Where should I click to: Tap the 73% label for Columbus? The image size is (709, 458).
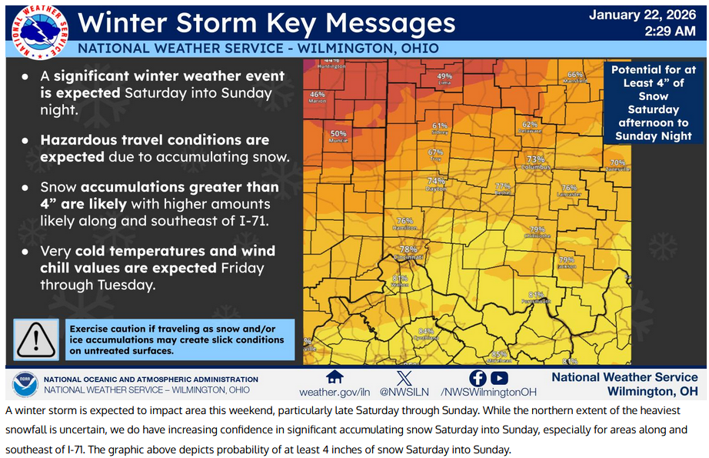click(x=535, y=159)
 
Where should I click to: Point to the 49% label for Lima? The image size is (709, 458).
click(x=445, y=76)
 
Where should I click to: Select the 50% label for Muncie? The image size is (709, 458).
click(x=338, y=133)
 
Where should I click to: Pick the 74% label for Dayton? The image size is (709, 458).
click(x=436, y=182)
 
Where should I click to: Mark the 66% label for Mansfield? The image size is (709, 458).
click(x=575, y=75)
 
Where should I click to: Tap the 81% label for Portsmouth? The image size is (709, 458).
click(x=536, y=295)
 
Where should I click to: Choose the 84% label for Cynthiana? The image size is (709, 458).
click(x=425, y=331)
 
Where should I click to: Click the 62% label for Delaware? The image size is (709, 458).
click(x=529, y=124)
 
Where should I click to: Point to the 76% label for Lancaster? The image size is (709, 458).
click(x=569, y=187)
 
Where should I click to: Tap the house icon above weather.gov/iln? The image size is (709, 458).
click(x=334, y=377)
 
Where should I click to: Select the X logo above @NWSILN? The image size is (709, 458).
click(x=404, y=378)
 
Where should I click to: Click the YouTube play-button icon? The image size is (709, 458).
click(x=500, y=378)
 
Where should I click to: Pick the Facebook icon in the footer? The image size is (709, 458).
click(x=478, y=378)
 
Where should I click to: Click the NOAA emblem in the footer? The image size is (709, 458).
click(x=25, y=384)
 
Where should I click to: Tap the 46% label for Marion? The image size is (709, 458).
click(x=318, y=95)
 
